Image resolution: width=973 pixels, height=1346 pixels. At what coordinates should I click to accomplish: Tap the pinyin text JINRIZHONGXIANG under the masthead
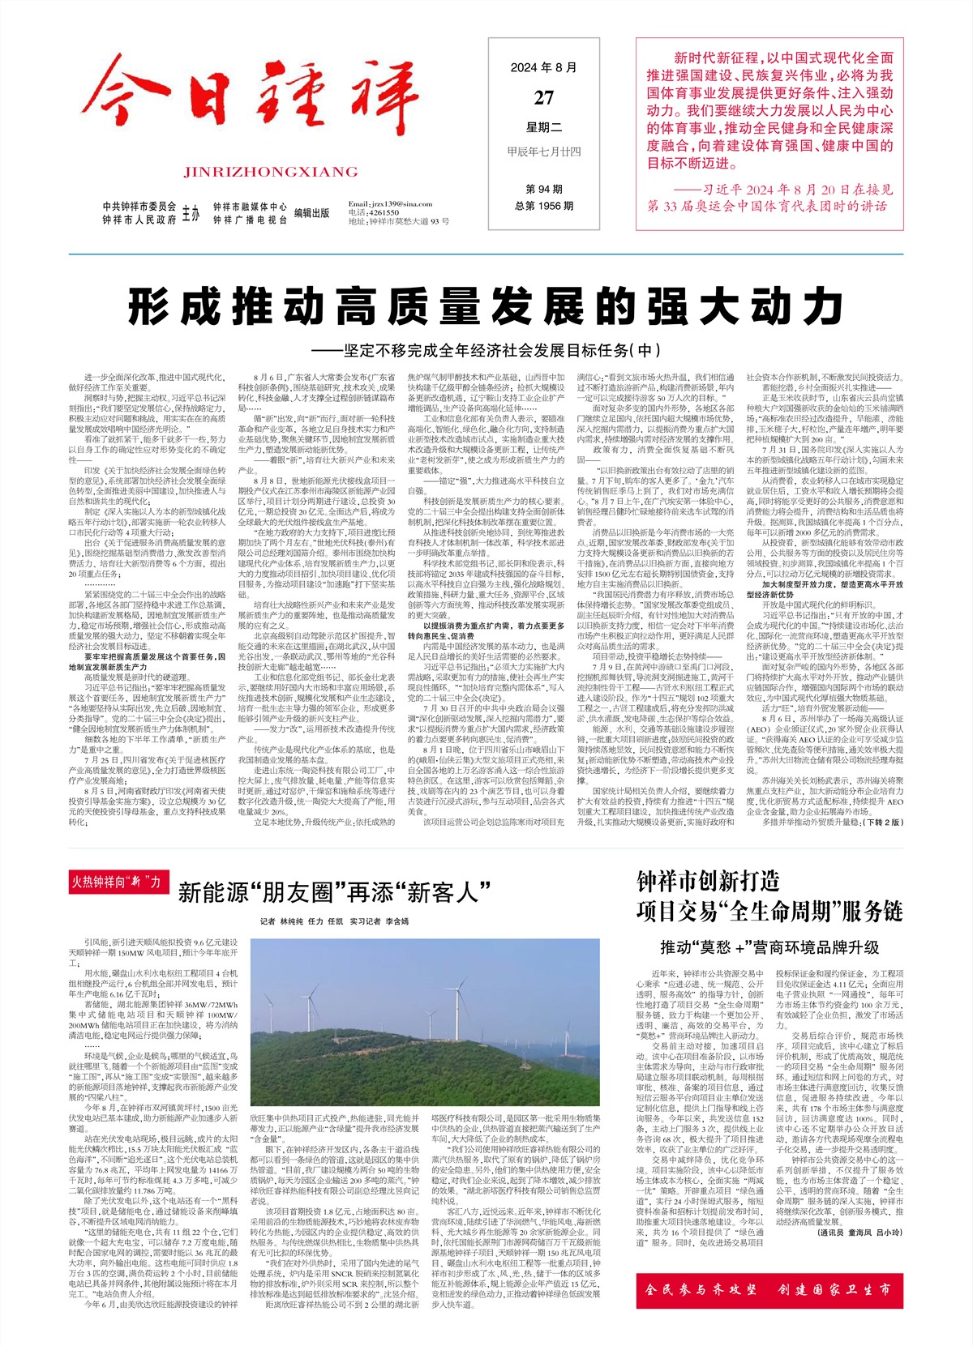click(271, 172)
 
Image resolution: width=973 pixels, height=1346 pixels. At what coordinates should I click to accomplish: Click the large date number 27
click(544, 98)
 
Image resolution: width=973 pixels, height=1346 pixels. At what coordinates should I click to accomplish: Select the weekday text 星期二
click(544, 127)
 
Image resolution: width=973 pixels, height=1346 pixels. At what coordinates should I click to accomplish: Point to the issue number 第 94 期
click(544, 189)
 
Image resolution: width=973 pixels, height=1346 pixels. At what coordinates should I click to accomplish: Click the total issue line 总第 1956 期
click(544, 206)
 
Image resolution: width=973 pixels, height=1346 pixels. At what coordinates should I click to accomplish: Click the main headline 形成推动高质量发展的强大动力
click(486, 307)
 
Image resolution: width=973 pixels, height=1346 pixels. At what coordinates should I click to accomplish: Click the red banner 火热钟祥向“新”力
click(116, 882)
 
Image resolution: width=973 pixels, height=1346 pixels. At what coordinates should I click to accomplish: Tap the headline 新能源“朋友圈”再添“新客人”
click(335, 893)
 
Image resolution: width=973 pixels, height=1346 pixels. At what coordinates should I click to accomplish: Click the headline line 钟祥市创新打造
click(708, 882)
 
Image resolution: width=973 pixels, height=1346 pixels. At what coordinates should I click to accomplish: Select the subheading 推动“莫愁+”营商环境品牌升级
click(769, 946)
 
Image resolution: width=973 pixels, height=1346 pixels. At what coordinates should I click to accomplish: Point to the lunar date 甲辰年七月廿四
click(544, 152)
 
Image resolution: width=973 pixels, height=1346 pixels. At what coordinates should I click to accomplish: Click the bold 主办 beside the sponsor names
click(191, 214)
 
